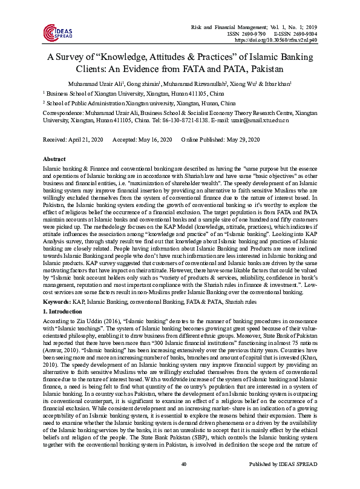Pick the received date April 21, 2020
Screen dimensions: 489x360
pyautogui.click(x=87, y=140)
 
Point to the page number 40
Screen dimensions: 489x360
pyautogui.click(x=180, y=481)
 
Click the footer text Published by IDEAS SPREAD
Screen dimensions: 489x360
pyautogui.click(x=287, y=481)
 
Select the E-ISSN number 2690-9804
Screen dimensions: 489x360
pyautogui.click(x=300, y=33)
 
